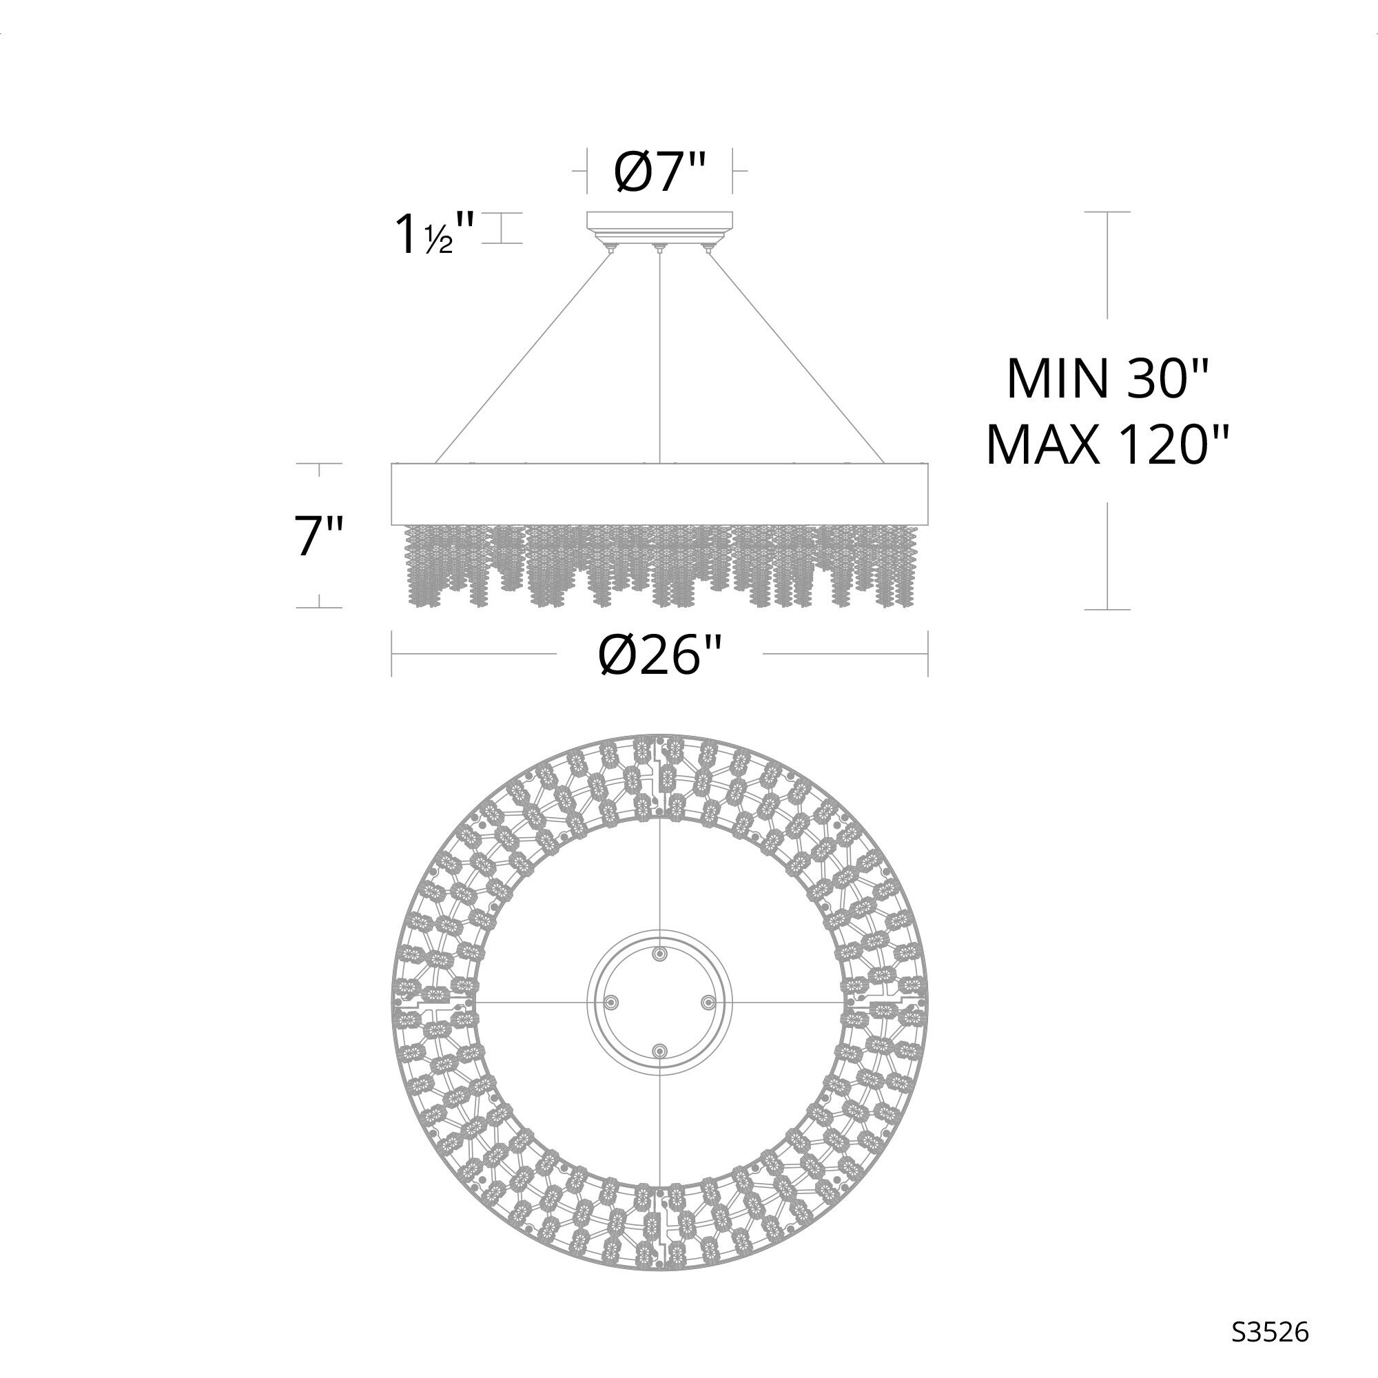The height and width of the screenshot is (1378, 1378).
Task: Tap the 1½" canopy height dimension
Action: [x=434, y=234]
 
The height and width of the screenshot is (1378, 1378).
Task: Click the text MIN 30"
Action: [x=1107, y=379]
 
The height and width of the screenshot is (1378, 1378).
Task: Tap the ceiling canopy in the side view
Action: [x=660, y=226]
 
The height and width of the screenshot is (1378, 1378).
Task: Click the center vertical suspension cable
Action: [x=661, y=357]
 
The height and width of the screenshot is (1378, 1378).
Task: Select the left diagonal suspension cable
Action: [x=524, y=357]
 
